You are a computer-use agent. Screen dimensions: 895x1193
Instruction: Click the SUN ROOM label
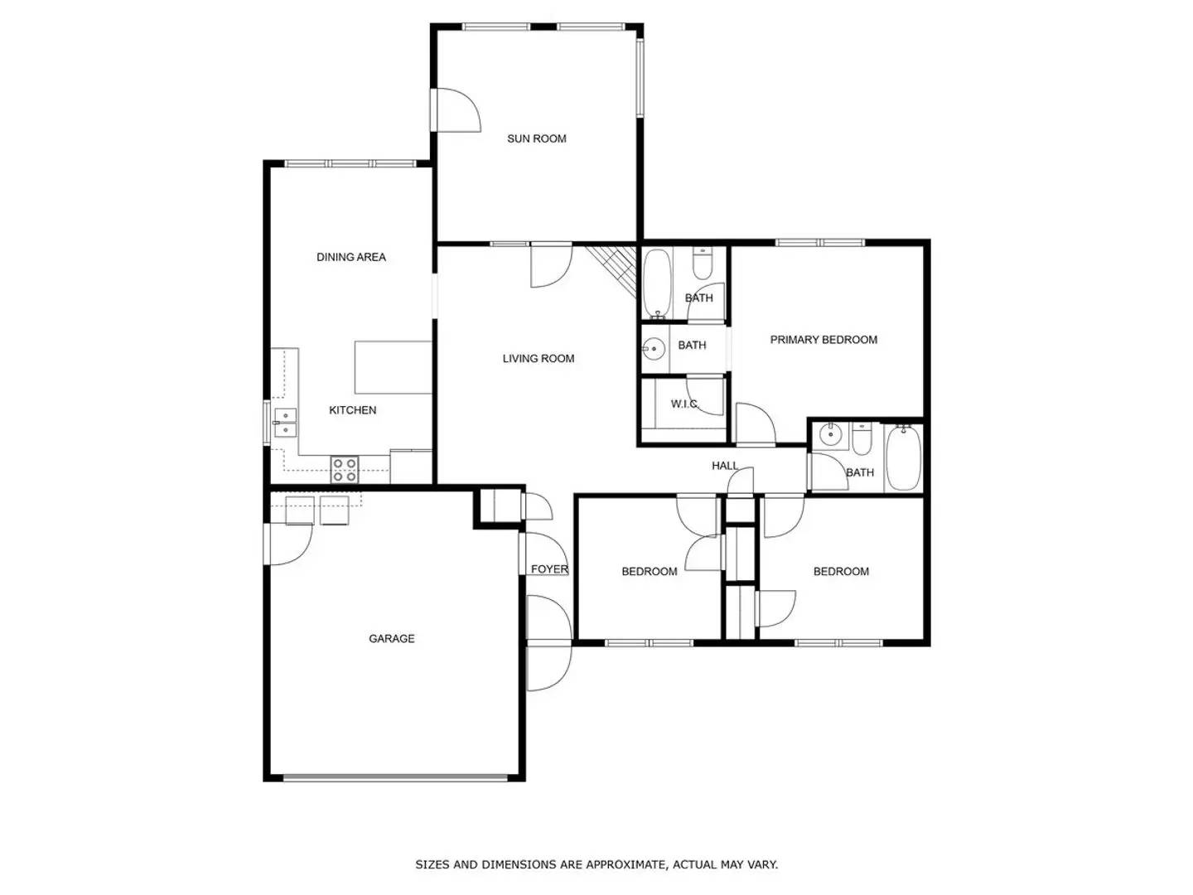click(x=537, y=138)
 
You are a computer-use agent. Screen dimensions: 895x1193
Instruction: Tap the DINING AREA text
click(x=351, y=257)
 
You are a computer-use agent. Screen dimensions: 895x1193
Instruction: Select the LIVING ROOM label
click(x=539, y=359)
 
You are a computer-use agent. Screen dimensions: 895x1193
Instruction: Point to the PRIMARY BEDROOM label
click(x=824, y=340)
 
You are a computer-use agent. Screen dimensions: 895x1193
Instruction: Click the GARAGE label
click(x=392, y=639)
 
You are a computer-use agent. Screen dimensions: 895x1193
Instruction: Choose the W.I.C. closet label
click(x=684, y=404)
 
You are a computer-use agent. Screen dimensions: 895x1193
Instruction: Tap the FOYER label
click(x=549, y=569)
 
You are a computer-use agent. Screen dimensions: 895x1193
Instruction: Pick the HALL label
click(x=725, y=466)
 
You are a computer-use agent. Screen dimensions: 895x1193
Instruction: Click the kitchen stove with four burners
click(x=345, y=470)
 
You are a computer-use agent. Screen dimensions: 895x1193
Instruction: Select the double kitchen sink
click(x=285, y=423)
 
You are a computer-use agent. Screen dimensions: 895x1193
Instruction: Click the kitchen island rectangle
click(x=394, y=367)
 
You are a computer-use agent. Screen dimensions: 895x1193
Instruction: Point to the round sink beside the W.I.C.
click(x=654, y=349)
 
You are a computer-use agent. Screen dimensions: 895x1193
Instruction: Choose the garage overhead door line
click(x=394, y=777)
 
